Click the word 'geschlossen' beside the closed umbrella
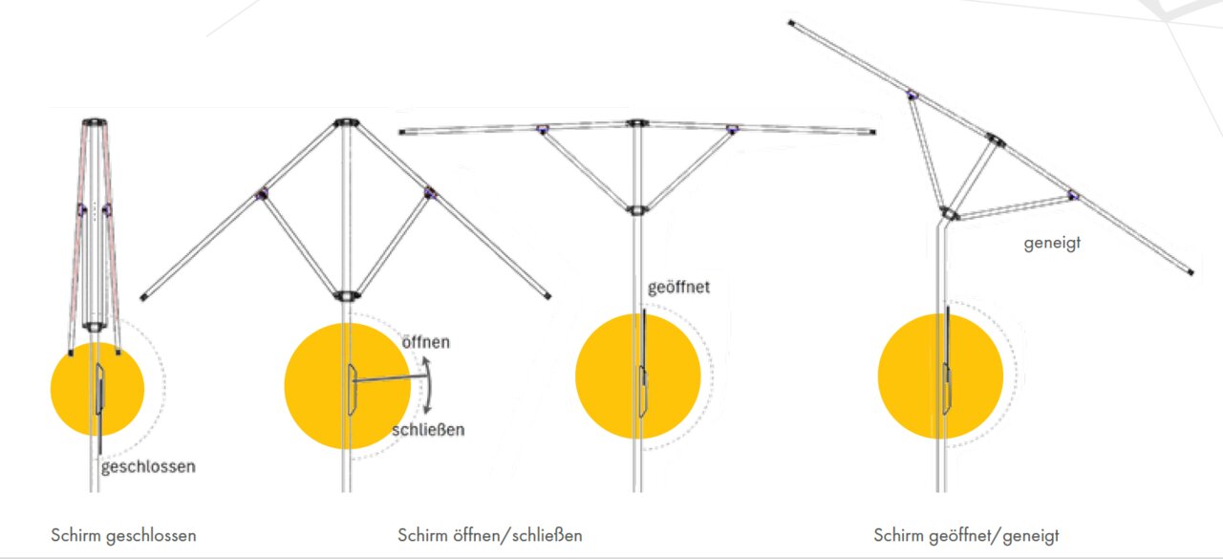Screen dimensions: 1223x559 pos(148,467)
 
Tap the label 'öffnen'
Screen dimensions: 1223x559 pos(426,342)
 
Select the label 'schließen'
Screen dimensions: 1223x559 pos(428,430)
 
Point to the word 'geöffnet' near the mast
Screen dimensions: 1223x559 pos(678,288)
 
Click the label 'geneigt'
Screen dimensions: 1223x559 pos(1052,243)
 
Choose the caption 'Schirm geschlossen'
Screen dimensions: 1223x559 pos(123,535)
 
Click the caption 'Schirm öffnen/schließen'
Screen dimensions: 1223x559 pos(490,535)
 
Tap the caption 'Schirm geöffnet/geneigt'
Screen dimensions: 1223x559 pos(966,535)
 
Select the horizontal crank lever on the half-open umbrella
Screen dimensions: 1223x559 pos(391,377)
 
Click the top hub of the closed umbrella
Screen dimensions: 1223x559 pos(95,121)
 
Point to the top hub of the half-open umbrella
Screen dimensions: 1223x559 pos(346,121)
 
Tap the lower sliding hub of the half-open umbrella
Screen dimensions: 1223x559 pos(346,296)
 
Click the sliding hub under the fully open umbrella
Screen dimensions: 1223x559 pos(636,210)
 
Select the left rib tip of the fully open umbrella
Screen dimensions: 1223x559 pos(402,132)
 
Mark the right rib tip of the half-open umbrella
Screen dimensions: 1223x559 pos(547,296)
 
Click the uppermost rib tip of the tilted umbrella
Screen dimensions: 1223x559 pos(792,23)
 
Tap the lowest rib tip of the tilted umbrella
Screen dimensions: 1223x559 pos(1191,272)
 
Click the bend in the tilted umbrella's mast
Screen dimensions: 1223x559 pos(941,225)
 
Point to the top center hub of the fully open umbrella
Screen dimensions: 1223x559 pos(636,123)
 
